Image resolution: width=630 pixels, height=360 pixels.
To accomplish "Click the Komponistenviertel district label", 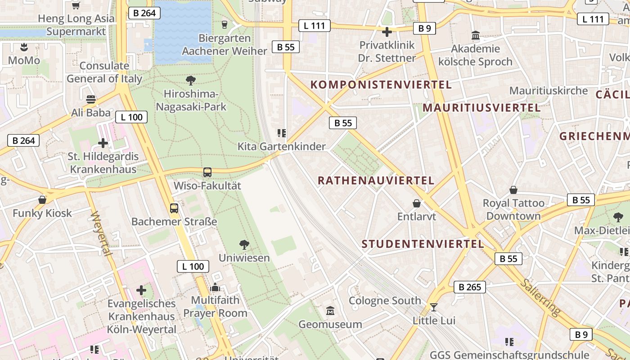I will point(381,85).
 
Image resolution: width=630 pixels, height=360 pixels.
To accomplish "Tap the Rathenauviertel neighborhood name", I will point(376,180).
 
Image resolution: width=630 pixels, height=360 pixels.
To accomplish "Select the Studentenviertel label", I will point(423,244).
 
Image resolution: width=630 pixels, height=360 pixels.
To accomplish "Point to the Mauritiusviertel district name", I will point(481,108).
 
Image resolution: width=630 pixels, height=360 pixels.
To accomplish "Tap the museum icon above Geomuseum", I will point(330,310).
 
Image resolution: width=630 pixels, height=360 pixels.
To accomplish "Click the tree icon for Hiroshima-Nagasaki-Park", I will point(190,81).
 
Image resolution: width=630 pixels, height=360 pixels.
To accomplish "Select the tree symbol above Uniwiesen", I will point(244,245).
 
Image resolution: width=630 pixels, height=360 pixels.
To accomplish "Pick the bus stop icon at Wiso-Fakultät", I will point(207,172).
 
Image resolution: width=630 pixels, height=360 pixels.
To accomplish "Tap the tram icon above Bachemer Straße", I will point(174,208).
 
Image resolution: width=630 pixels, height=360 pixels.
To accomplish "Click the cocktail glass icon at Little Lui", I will point(434,307).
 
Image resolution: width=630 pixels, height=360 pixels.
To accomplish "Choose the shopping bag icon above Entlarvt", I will point(417,203).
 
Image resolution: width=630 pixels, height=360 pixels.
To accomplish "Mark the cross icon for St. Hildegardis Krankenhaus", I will point(103,143).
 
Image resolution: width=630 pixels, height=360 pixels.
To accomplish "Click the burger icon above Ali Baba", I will point(91,99).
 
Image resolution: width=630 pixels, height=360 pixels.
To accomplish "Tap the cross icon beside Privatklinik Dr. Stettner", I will point(387,32).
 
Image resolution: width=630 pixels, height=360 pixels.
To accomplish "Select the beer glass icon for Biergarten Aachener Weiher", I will point(225,24).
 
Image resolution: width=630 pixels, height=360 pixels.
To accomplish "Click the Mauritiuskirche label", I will point(549,90).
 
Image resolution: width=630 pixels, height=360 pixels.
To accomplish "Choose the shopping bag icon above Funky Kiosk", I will point(42,199).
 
